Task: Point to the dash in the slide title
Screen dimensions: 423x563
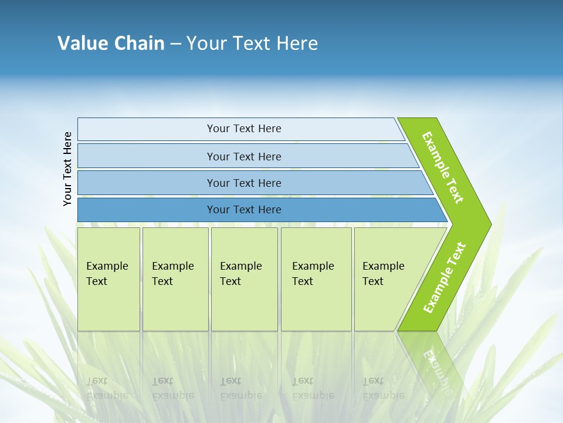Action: click(175, 44)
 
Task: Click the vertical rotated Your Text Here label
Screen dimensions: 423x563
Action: click(67, 169)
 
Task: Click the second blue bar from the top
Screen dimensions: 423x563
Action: click(243, 156)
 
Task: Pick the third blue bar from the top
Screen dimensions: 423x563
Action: click(243, 183)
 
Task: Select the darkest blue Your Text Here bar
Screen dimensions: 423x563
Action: click(243, 210)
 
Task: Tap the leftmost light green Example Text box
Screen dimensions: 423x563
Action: click(108, 279)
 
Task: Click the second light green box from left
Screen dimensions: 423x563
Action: click(175, 279)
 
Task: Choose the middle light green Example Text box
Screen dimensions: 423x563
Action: click(244, 279)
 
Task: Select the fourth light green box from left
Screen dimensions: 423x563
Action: click(316, 279)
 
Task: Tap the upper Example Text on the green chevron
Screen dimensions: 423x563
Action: click(443, 167)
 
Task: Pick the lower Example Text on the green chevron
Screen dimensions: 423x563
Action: click(445, 277)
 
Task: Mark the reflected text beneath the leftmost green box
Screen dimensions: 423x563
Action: click(107, 388)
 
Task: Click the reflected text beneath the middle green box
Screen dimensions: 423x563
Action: click(240, 388)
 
